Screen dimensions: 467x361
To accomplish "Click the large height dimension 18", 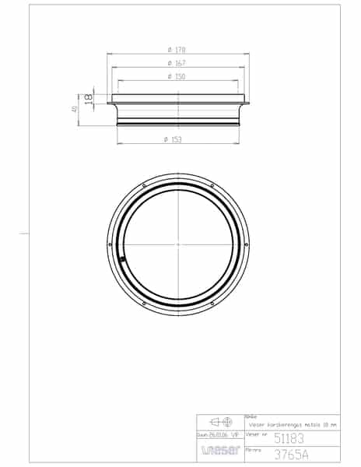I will click(x=89, y=99).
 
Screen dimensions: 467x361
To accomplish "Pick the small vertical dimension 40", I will click(x=75, y=111).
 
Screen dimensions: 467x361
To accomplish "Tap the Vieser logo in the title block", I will click(x=219, y=451).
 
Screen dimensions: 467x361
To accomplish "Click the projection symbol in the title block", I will click(x=220, y=425).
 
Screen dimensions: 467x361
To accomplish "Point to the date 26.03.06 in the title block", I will click(x=212, y=437).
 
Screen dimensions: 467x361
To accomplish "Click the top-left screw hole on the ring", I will click(x=145, y=185).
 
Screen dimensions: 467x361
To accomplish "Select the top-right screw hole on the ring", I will click(x=212, y=184).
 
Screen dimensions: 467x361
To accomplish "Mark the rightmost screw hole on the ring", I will click(x=247, y=244).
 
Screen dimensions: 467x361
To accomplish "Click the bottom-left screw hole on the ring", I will click(x=145, y=304).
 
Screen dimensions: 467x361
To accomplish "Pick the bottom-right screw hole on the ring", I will click(x=212, y=304).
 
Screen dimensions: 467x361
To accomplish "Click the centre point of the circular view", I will click(x=179, y=244).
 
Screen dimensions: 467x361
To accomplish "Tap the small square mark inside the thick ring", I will click(x=122, y=260).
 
